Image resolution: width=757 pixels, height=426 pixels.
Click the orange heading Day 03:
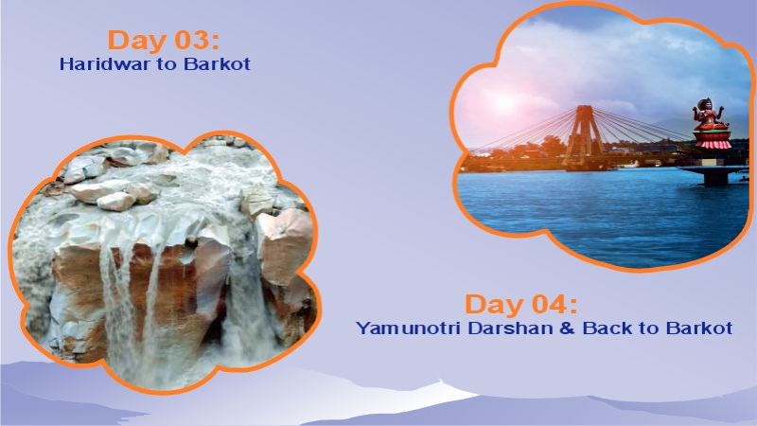click(x=164, y=41)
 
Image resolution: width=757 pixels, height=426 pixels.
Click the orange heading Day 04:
click(x=520, y=305)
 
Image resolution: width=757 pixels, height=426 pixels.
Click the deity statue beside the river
click(x=711, y=117)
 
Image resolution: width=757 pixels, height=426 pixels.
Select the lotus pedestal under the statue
click(x=713, y=142)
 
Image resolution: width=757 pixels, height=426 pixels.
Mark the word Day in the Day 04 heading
click(x=492, y=305)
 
